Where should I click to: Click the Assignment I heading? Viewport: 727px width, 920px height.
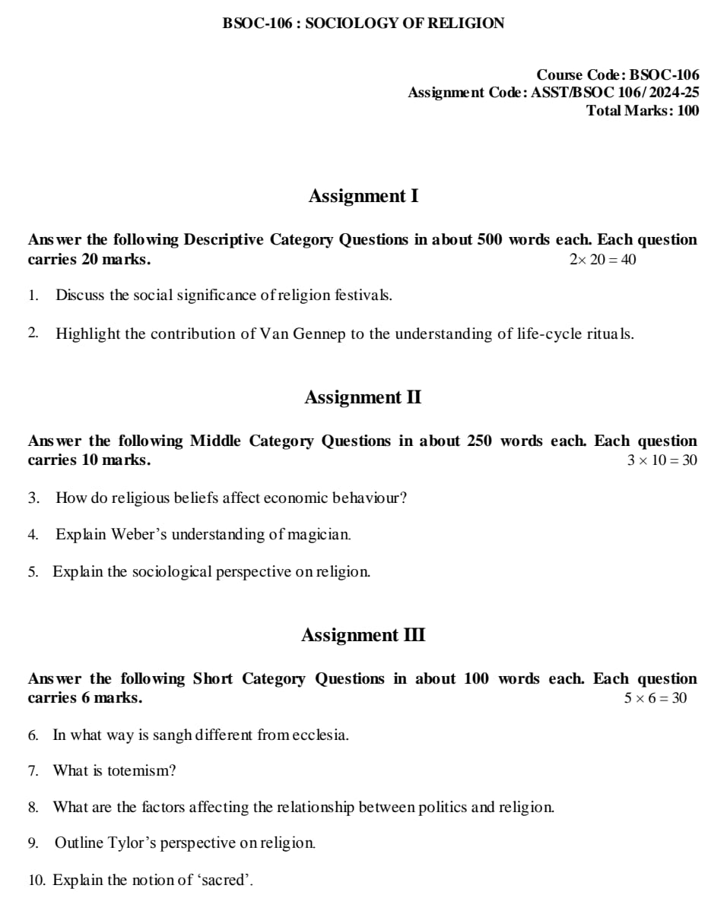pos(363,196)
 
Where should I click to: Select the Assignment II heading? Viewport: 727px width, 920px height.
pos(363,397)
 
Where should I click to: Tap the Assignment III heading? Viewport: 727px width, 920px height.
pos(363,635)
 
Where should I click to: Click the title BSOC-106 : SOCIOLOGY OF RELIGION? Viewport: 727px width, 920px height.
pos(363,24)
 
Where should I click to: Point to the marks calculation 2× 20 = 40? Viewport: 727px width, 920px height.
pos(602,260)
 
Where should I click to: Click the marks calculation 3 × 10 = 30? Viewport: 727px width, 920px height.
pos(662,460)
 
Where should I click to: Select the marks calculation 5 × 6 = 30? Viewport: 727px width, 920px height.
pos(655,698)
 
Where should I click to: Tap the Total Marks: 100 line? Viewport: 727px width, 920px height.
pos(643,111)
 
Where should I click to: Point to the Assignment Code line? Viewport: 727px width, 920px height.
pos(553,93)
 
